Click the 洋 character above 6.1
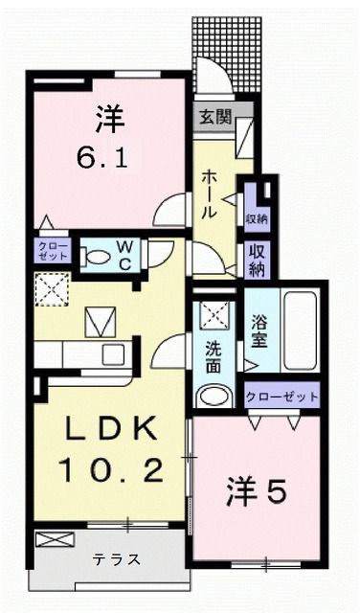point(106,120)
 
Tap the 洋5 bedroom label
point(256,493)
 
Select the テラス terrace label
point(116,559)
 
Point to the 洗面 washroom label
point(212,352)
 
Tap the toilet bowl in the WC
point(97,256)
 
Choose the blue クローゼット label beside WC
point(54,252)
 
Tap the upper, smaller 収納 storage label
point(256,217)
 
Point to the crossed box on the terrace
point(48,539)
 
